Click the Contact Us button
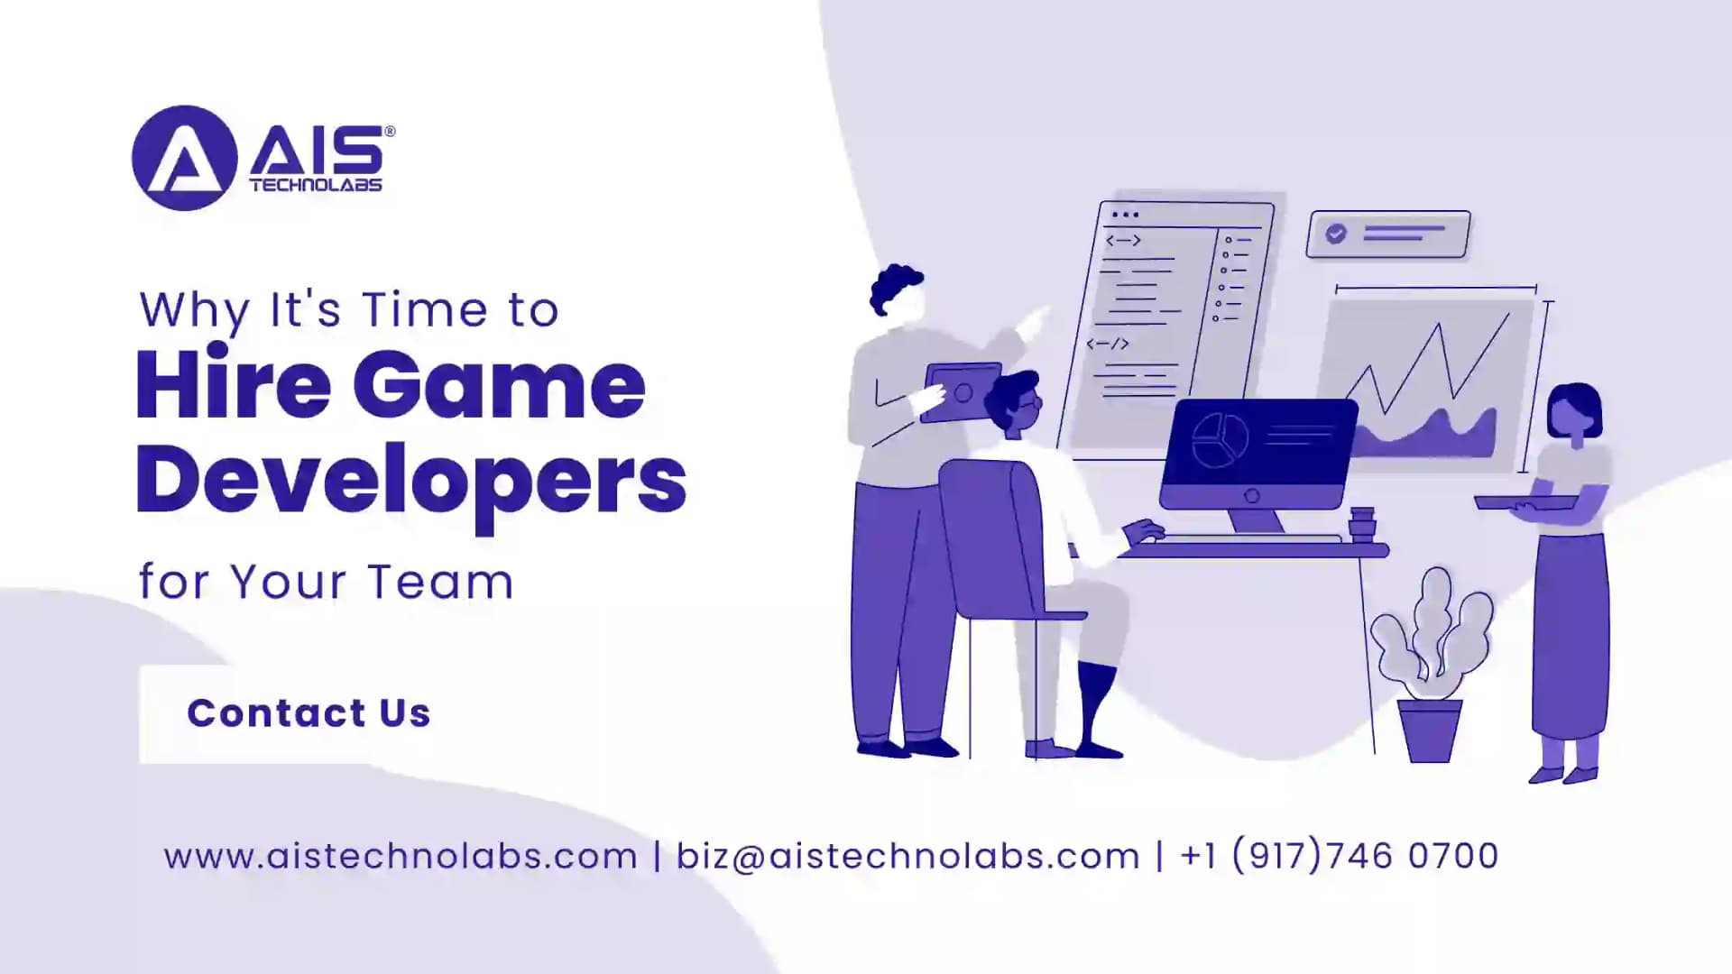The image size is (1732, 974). (x=309, y=713)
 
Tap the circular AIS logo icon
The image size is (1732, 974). (x=184, y=158)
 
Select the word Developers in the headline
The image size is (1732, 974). (x=411, y=481)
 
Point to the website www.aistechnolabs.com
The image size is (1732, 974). (x=401, y=856)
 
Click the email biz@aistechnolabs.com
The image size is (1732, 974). (x=908, y=856)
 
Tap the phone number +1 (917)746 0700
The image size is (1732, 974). (x=1339, y=856)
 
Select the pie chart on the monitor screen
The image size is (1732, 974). (x=1220, y=440)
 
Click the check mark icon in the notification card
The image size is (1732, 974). (x=1336, y=234)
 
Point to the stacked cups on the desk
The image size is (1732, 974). (x=1361, y=524)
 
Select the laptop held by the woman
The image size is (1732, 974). (x=1525, y=502)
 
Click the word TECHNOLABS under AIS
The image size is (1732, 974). (x=316, y=185)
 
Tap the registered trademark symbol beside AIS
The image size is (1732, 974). (x=390, y=132)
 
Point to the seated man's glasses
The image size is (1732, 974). (x=1033, y=404)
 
